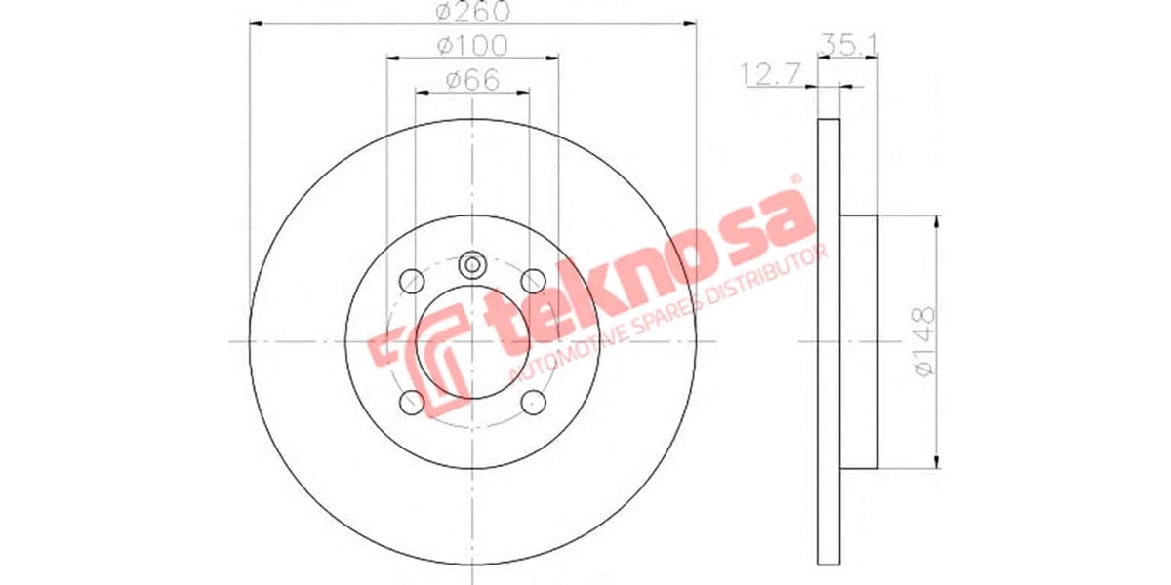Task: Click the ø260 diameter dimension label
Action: tap(472, 13)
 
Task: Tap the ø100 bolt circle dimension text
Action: tap(472, 45)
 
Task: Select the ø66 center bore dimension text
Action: tap(472, 81)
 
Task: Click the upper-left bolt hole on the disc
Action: tap(411, 280)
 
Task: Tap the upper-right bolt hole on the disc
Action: tap(533, 280)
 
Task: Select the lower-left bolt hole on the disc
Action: tap(411, 402)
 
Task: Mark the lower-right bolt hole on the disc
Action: tap(533, 402)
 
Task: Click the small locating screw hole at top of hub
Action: tap(472, 263)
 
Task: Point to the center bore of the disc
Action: tap(472, 341)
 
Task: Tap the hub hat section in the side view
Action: tap(859, 341)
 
